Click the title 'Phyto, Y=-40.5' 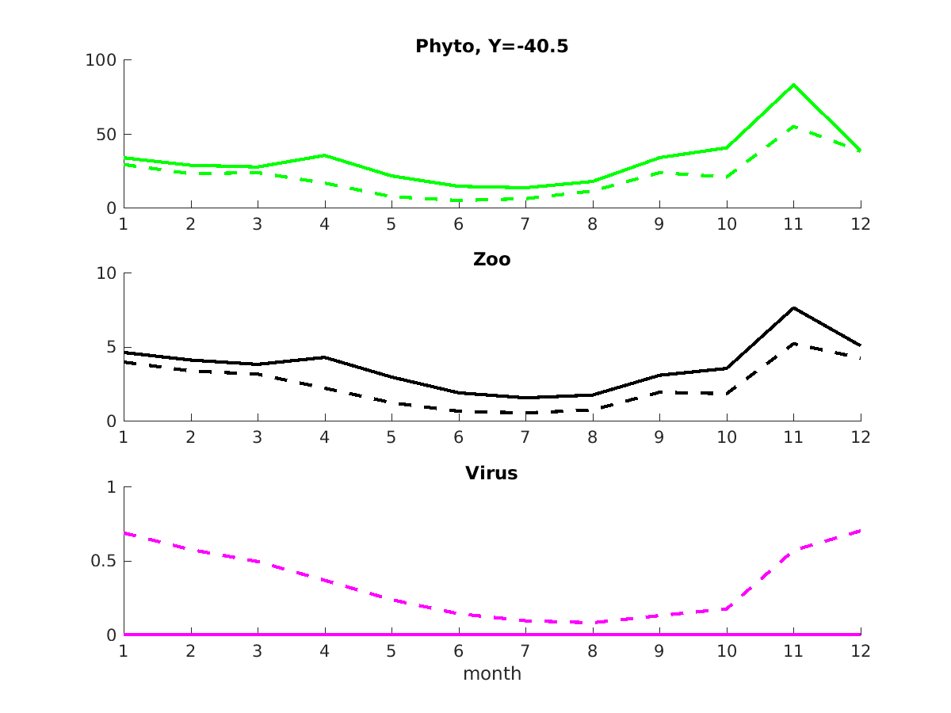pyautogui.click(x=491, y=47)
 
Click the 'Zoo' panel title pyautogui.click(x=491, y=260)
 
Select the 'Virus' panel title pyautogui.click(x=491, y=474)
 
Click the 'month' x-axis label pyautogui.click(x=491, y=674)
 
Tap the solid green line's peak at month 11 pyautogui.click(x=793, y=85)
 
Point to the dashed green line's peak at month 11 pyautogui.click(x=793, y=126)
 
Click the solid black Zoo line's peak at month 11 pyautogui.click(x=793, y=307)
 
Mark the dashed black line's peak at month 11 pyautogui.click(x=793, y=344)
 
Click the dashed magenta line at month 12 pyautogui.click(x=860, y=531)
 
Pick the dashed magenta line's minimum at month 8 pyautogui.click(x=592, y=623)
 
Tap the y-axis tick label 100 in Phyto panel pyautogui.click(x=101, y=60)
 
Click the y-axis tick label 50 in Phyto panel pyautogui.click(x=105, y=135)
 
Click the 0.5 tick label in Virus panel pyautogui.click(x=101, y=562)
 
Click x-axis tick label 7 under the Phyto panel pyautogui.click(x=525, y=224)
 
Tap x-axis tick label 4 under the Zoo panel pyautogui.click(x=324, y=437)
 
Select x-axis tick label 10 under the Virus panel pyautogui.click(x=727, y=651)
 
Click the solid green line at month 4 pyautogui.click(x=324, y=155)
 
